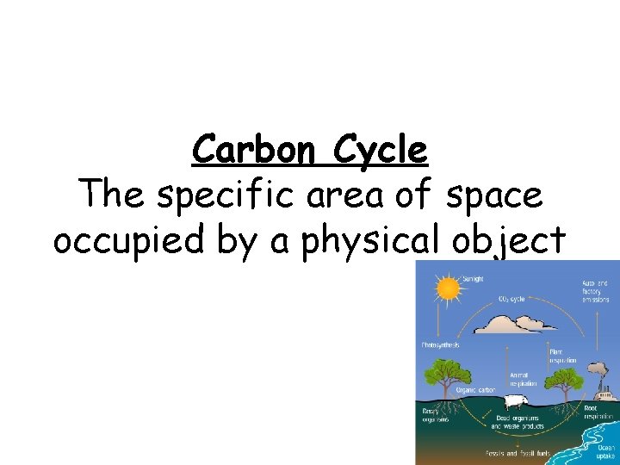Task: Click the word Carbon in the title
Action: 245,150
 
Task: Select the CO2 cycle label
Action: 512,298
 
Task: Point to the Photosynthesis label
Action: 440,344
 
